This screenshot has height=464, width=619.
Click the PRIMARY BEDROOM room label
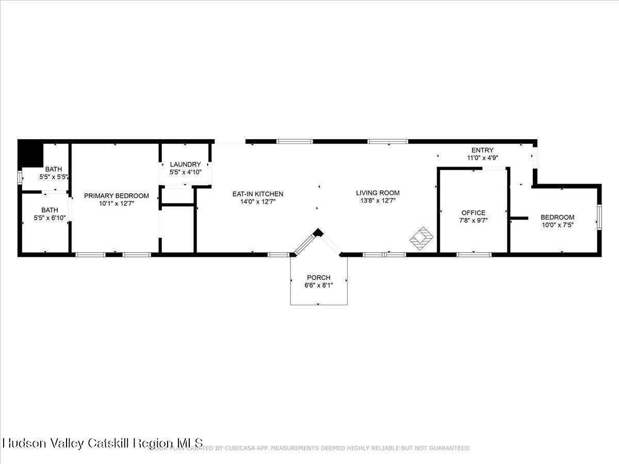pyautogui.click(x=116, y=196)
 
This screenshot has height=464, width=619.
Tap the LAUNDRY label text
pyautogui.click(x=185, y=164)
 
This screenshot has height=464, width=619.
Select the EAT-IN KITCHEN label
pyautogui.click(x=257, y=194)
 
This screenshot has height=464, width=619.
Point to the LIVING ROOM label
pyautogui.click(x=378, y=193)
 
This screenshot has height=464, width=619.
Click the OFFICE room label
pyautogui.click(x=473, y=212)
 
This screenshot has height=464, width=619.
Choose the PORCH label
pyautogui.click(x=318, y=277)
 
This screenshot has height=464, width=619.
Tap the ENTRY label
pyautogui.click(x=482, y=151)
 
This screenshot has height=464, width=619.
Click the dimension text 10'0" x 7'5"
pyautogui.click(x=557, y=225)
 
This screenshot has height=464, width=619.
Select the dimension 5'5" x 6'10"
pyautogui.click(x=50, y=218)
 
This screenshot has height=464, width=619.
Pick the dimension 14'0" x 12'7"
pyautogui.click(x=257, y=202)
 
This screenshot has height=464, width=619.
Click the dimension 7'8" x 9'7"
pyautogui.click(x=473, y=220)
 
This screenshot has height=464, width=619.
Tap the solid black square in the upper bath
pyautogui.click(x=30, y=154)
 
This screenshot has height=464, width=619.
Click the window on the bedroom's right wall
pyautogui.click(x=599, y=217)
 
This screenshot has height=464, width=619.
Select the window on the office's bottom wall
pyautogui.click(x=474, y=254)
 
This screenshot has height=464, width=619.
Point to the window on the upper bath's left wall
pyautogui.click(x=20, y=177)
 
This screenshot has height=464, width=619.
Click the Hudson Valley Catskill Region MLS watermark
pyautogui.click(x=103, y=443)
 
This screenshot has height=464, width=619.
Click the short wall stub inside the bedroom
pyautogui.click(x=519, y=218)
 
